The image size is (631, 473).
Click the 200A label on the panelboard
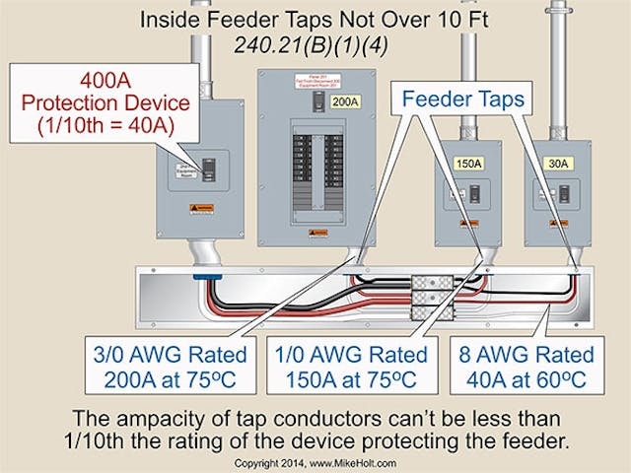pos(346,101)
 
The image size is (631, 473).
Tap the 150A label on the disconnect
pos(468,165)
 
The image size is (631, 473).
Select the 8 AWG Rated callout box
pos(536,366)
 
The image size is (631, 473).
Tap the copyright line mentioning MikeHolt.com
pos(315,460)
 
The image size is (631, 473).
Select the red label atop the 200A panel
pos(316,80)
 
